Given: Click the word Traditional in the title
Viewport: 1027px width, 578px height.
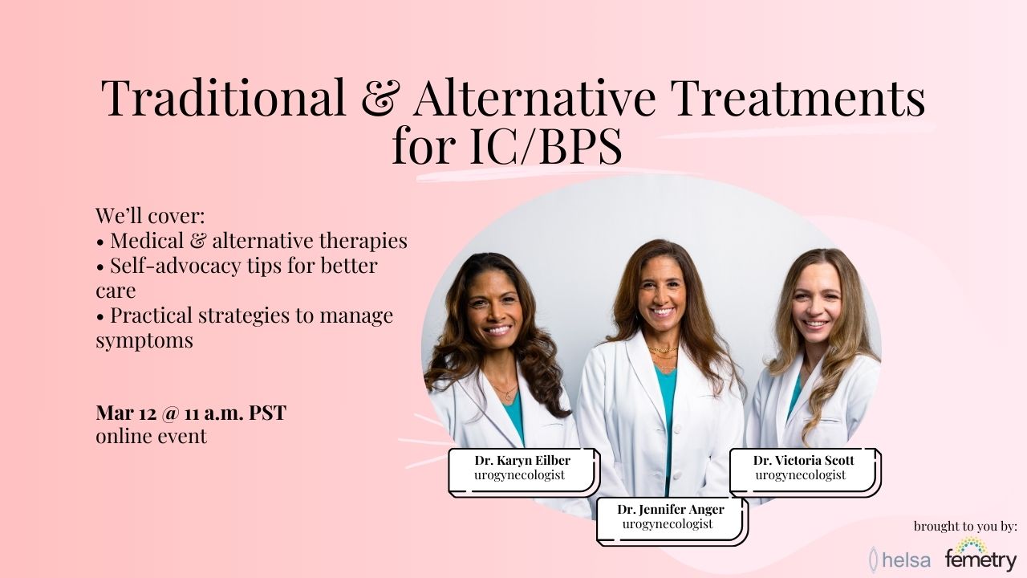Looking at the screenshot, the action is click(x=223, y=97).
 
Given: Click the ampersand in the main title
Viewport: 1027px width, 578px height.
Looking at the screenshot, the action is click(x=379, y=99).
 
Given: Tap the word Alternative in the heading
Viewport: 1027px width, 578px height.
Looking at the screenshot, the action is click(x=534, y=97).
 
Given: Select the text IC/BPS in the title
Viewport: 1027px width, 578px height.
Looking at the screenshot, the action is click(x=546, y=146).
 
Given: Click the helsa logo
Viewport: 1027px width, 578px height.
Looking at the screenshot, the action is click(x=900, y=560).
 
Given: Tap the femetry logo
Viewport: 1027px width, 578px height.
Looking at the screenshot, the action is click(x=980, y=554).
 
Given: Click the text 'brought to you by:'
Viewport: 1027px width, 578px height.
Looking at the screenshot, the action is click(x=965, y=526).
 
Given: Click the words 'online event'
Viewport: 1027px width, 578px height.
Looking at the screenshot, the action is click(x=152, y=436).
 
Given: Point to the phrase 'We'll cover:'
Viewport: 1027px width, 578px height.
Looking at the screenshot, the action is click(x=150, y=215).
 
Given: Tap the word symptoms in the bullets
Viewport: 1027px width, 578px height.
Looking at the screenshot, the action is click(x=144, y=341).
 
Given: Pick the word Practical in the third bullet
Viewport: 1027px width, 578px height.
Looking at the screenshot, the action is click(x=152, y=315).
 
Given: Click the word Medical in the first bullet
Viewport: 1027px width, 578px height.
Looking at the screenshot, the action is click(x=147, y=240).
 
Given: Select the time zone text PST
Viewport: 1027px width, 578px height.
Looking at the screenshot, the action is click(x=267, y=413).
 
